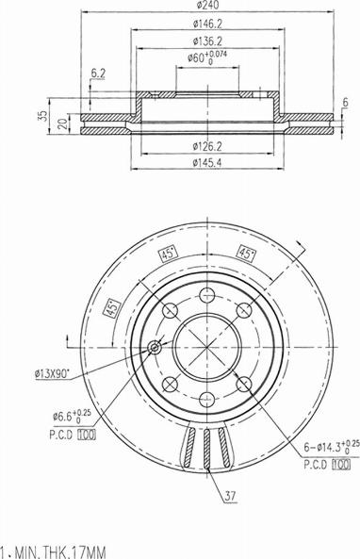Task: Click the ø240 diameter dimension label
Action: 207,5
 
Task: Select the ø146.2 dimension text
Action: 207,24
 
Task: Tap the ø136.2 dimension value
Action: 207,41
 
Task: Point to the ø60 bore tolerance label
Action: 207,58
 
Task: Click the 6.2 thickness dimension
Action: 98,74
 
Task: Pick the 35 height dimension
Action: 42,116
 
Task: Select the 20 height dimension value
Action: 63,123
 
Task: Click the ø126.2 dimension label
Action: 207,145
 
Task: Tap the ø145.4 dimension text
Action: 207,162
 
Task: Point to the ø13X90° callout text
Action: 52,374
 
